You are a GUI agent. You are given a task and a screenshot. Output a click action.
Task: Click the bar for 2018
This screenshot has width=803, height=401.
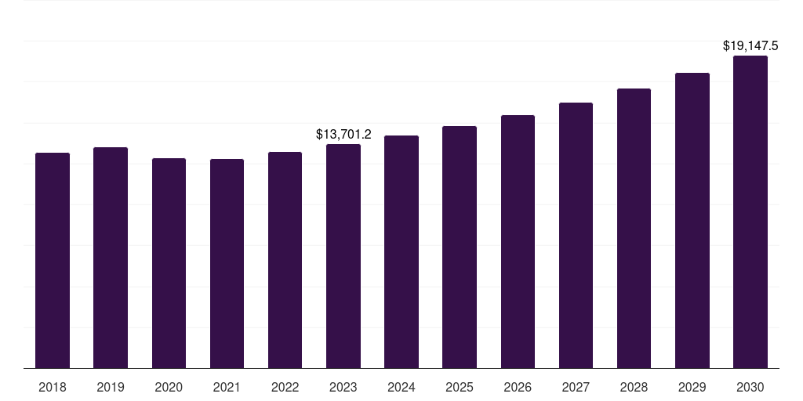pyautogui.click(x=53, y=260)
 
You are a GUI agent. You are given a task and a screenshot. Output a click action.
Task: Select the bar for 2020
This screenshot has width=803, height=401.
pyautogui.click(x=169, y=263)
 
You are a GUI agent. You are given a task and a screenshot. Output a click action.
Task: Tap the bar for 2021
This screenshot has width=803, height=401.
pyautogui.click(x=227, y=263)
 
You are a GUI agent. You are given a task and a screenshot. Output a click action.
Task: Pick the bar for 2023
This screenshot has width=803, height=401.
pyautogui.click(x=343, y=256)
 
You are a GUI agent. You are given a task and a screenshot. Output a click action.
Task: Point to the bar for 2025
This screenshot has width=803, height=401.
pyautogui.click(x=460, y=247)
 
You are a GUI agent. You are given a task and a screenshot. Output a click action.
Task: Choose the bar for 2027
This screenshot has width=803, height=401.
pyautogui.click(x=576, y=235)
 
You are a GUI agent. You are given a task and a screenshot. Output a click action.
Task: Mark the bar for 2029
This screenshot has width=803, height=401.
pyautogui.click(x=692, y=220)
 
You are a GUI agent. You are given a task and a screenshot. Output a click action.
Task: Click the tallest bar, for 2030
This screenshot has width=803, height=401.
pyautogui.click(x=750, y=211)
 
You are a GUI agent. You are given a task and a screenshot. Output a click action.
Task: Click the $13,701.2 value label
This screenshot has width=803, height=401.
pyautogui.click(x=343, y=135)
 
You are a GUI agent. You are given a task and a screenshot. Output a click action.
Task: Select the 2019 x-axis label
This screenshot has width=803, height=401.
pyautogui.click(x=111, y=387)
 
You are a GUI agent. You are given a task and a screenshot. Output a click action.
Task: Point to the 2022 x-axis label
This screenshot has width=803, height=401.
pyautogui.click(x=285, y=387)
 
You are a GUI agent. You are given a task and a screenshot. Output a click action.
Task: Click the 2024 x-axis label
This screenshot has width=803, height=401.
pyautogui.click(x=401, y=387)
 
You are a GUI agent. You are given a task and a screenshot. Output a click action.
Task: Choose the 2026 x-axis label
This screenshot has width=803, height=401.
pyautogui.click(x=518, y=387)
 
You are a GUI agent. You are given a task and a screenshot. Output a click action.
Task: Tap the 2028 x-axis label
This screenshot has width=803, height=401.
pyautogui.click(x=634, y=387)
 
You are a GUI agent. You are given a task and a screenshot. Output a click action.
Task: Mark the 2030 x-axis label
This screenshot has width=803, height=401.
pyautogui.click(x=750, y=387)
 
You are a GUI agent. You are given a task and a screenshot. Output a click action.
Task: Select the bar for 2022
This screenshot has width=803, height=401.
pyautogui.click(x=285, y=260)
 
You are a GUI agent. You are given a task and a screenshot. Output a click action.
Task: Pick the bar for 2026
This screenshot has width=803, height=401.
pyautogui.click(x=518, y=241)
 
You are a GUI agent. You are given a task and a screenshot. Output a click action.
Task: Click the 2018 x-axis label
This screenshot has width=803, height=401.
pyautogui.click(x=53, y=387)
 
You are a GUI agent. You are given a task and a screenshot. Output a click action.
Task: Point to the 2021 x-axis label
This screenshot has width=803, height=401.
pyautogui.click(x=227, y=387)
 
